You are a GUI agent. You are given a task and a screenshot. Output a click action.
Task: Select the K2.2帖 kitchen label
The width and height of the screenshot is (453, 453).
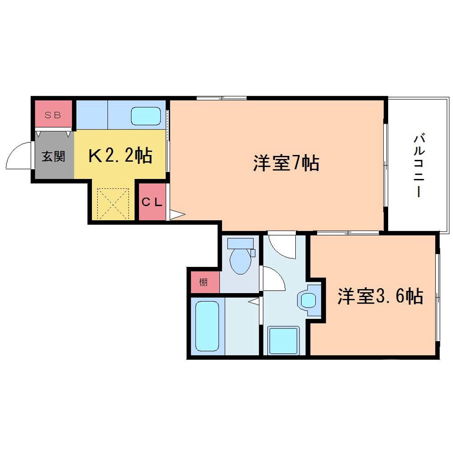[x=120, y=156]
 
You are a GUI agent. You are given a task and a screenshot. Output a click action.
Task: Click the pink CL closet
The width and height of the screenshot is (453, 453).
[x=152, y=202]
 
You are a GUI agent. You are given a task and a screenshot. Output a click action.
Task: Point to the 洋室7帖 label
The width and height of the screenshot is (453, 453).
[x=286, y=164]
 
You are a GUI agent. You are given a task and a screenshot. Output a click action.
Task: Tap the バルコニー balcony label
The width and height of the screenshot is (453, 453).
[x=418, y=166]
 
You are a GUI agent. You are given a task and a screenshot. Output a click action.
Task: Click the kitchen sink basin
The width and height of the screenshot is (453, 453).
[x=146, y=116]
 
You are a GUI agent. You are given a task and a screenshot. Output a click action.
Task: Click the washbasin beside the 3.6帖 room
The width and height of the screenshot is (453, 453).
[x=308, y=300]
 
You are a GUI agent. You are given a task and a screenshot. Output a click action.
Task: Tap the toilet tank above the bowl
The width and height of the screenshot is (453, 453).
[x=240, y=243]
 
